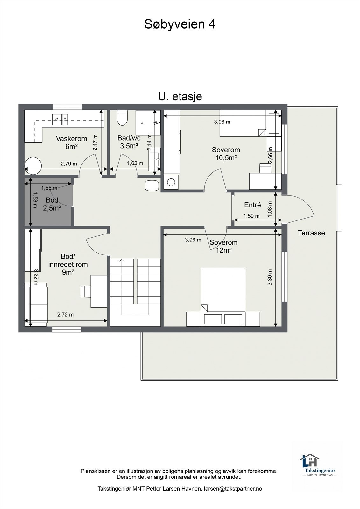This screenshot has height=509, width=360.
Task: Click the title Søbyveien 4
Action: point(180,24)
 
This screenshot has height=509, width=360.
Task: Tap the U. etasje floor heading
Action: point(180,96)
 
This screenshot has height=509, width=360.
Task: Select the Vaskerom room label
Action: point(71,138)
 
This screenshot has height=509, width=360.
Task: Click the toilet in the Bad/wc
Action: point(122,118)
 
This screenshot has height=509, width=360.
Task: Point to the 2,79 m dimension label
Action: point(69,164)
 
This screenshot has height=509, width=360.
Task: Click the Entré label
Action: point(252,205)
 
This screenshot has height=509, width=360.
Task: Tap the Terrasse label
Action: point(311,233)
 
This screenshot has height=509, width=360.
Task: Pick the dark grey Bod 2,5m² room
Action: point(48,202)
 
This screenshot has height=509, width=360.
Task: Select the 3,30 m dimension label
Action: point(270,277)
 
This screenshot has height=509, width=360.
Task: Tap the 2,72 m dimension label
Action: point(65,315)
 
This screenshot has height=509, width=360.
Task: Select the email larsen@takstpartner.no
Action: point(233,489)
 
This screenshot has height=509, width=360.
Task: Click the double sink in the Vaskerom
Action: point(60,119)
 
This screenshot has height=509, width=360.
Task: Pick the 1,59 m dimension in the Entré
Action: point(251,216)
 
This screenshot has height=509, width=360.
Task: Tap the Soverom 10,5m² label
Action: point(226,154)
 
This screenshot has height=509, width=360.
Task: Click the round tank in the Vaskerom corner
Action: point(33,166)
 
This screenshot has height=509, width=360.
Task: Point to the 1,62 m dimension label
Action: point(135,163)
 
